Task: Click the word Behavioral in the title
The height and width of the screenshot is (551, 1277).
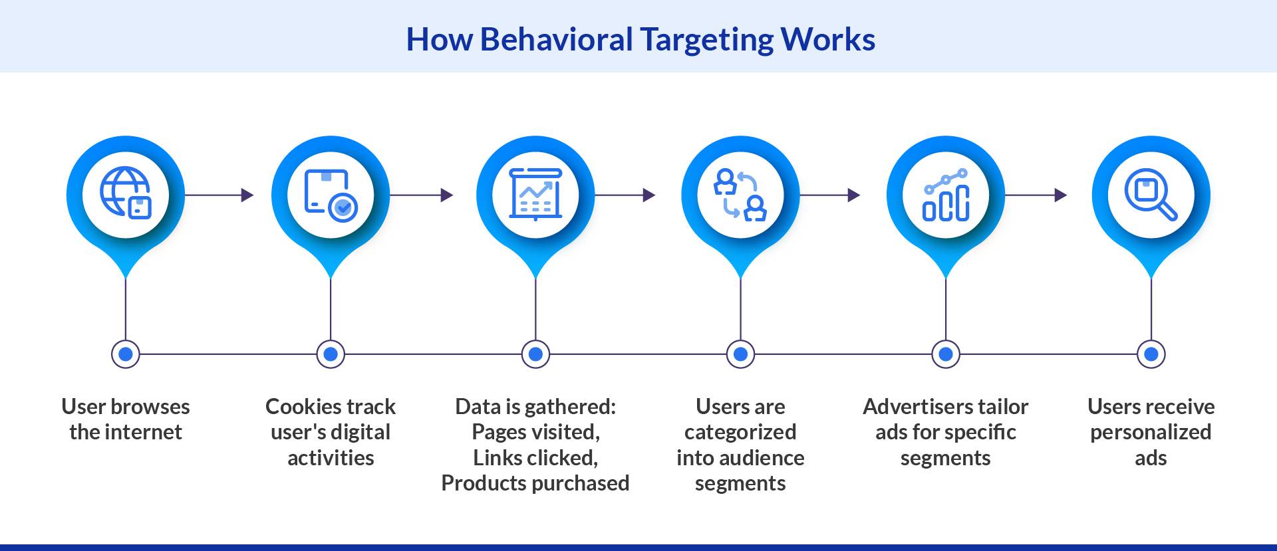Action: click(x=555, y=40)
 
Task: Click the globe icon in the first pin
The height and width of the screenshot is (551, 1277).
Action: click(x=125, y=193)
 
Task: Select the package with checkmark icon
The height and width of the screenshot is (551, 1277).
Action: click(x=331, y=195)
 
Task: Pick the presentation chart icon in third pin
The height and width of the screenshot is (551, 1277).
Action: click(x=535, y=194)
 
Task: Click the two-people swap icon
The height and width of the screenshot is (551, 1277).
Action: click(x=740, y=195)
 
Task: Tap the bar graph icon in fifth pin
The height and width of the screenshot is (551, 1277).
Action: click(x=946, y=195)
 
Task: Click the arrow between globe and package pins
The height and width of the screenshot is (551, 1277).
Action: click(x=219, y=195)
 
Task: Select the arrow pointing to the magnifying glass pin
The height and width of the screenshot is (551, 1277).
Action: click(x=1036, y=195)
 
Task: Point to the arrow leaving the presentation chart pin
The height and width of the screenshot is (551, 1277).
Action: click(x=625, y=195)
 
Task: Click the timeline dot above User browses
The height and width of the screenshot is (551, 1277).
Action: click(x=126, y=354)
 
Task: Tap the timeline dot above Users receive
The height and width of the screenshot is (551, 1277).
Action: click(x=1151, y=354)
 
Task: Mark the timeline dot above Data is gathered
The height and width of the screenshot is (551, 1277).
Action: click(x=535, y=354)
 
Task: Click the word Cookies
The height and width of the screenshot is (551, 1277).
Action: click(x=303, y=406)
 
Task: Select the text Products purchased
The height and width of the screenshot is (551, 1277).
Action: click(x=535, y=483)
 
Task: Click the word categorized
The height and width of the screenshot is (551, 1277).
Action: click(x=740, y=432)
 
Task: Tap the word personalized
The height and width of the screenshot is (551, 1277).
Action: click(x=1151, y=432)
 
